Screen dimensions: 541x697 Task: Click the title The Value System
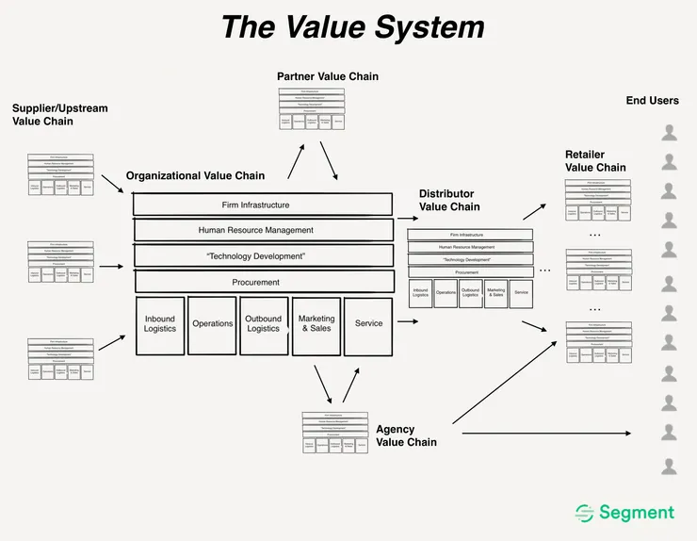click(x=352, y=26)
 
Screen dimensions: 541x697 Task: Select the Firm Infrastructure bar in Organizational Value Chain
click(x=263, y=205)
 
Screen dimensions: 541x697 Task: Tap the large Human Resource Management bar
click(x=263, y=230)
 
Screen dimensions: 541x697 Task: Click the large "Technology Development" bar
click(x=263, y=255)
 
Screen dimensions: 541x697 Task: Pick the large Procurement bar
click(x=263, y=281)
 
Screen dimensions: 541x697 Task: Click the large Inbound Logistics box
click(x=160, y=325)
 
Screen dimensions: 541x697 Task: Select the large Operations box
click(x=212, y=324)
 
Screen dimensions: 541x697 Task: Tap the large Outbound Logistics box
click(x=264, y=325)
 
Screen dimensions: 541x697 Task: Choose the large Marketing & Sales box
click(x=316, y=325)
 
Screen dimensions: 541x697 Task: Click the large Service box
click(x=368, y=324)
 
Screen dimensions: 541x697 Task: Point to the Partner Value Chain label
click(x=327, y=76)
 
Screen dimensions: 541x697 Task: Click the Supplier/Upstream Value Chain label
click(x=59, y=115)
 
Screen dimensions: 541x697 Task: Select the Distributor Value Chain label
click(x=449, y=200)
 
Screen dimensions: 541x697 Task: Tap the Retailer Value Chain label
click(x=595, y=161)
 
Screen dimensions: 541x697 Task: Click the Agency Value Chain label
click(x=407, y=435)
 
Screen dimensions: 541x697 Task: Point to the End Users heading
click(x=652, y=101)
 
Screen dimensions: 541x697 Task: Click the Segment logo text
click(x=637, y=513)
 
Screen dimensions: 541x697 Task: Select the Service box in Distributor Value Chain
click(x=521, y=293)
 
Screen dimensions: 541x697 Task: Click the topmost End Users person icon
click(x=669, y=133)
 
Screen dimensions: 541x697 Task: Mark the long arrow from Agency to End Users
click(x=546, y=433)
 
